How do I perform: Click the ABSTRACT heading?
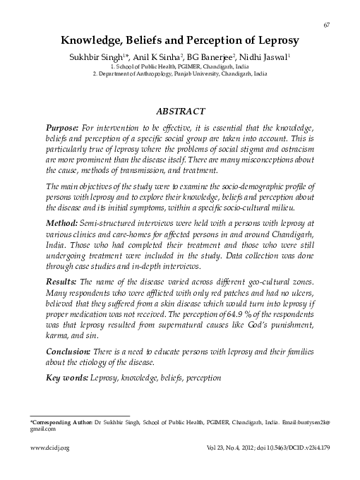coord(180,111)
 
